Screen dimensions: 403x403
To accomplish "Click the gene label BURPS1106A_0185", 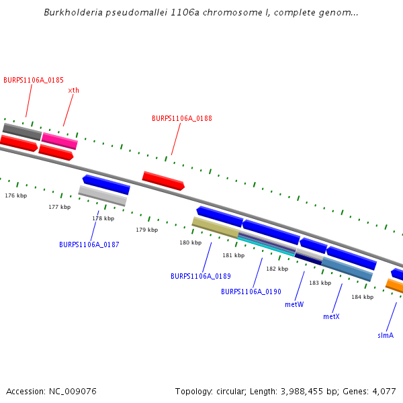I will click(34, 80).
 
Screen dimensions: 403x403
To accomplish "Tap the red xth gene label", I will click(73, 90).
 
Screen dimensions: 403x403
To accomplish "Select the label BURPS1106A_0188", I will click(182, 118).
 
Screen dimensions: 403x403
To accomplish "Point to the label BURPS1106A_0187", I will click(89, 244).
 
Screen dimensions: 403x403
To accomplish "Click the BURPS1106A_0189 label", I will click(201, 276).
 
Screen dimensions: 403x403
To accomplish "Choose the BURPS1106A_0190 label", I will click(251, 292).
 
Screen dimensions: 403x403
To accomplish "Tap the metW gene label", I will click(294, 304).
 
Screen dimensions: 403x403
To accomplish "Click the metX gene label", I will click(331, 316).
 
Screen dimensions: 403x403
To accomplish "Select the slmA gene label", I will click(385, 334).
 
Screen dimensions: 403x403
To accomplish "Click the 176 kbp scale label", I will click(15, 195).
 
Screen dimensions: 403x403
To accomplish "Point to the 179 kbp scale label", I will click(146, 230).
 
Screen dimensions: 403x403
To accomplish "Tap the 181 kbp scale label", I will click(233, 255).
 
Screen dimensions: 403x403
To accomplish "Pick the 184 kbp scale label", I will click(362, 297).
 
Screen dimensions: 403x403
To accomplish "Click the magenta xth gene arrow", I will click(60, 141).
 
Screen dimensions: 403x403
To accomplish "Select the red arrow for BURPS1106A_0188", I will click(163, 180).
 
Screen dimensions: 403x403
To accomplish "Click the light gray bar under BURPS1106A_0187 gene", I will click(103, 195).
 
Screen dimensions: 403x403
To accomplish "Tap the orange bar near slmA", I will click(395, 287).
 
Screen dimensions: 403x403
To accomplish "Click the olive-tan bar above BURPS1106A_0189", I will click(215, 227).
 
